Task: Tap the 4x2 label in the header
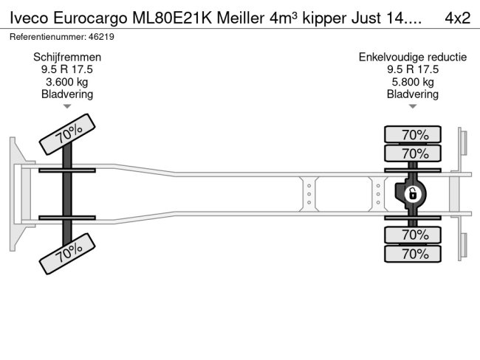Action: point(458,17)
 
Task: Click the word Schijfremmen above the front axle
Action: point(67,57)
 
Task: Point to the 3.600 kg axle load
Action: point(67,82)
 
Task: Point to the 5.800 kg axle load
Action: point(413,82)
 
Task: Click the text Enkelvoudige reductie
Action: point(413,57)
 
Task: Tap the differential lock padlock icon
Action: point(412,194)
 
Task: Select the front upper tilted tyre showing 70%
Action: point(68,134)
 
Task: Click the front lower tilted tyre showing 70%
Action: point(68,253)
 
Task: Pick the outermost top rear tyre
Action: point(413,134)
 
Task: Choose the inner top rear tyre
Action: point(413,153)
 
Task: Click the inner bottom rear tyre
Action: point(413,235)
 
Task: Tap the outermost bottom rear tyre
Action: point(413,254)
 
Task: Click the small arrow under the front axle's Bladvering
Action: point(67,106)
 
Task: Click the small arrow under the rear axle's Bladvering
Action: point(413,106)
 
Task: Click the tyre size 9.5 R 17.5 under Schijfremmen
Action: point(67,69)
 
